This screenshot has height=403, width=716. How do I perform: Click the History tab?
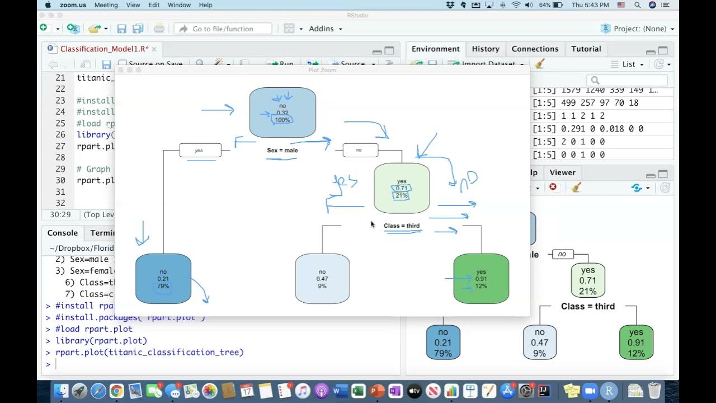[x=485, y=49]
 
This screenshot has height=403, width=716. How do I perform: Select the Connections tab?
[x=535, y=49]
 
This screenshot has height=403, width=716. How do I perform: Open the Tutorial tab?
[x=586, y=49]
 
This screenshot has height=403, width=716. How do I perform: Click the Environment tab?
[x=435, y=49]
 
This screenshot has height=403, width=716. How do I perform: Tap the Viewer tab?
[x=562, y=172]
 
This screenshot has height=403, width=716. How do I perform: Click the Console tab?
[x=63, y=233]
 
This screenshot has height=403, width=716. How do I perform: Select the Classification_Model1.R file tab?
[x=104, y=49]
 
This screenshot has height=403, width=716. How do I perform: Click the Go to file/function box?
[x=223, y=29]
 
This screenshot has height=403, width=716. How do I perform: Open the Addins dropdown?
[x=324, y=29]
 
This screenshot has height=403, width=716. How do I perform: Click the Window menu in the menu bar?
[x=179, y=5]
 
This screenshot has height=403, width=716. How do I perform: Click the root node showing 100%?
[x=282, y=112]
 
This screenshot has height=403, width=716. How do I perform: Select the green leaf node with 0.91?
[x=481, y=279]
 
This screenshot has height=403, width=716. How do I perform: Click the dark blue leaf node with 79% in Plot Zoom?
[x=163, y=279]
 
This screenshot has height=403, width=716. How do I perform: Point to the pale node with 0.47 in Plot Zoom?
[x=322, y=279]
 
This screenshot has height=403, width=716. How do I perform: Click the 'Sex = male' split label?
[x=282, y=151]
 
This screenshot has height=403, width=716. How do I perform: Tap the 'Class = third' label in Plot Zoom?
[x=402, y=226]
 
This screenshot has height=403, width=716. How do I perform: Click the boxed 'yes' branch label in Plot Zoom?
[x=200, y=151]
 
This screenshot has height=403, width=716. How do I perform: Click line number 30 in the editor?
[x=60, y=180]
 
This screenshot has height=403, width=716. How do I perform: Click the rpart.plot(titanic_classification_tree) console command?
[x=149, y=353]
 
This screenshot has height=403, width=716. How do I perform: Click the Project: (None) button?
[x=637, y=29]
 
